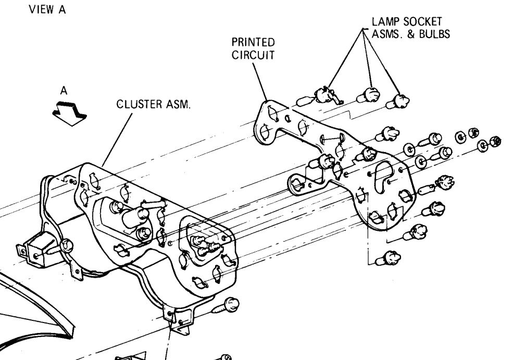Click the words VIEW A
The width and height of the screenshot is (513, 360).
point(51,10)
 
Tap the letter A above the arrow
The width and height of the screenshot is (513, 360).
point(64,91)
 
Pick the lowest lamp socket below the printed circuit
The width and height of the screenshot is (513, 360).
point(392,257)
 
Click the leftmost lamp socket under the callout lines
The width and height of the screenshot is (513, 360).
point(322,94)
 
